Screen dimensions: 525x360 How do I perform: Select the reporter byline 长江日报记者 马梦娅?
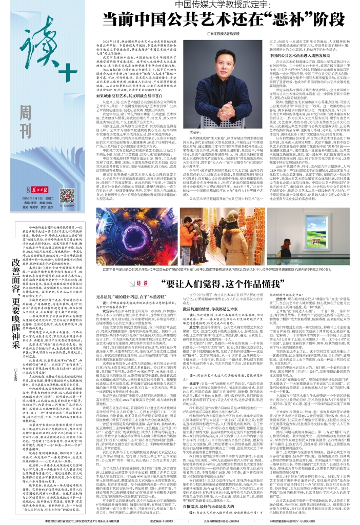[208, 33]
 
